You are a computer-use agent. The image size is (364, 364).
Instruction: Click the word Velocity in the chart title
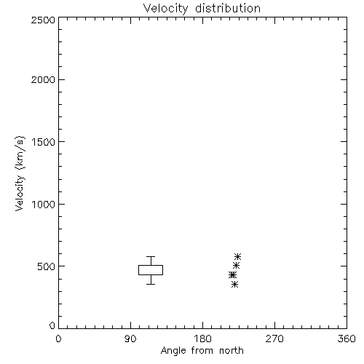(x=166, y=9)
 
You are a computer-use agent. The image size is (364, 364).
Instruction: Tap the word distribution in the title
(x=228, y=8)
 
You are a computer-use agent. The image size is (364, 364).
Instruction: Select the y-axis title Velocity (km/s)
(x=20, y=173)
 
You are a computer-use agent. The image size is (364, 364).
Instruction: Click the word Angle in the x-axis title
(x=173, y=351)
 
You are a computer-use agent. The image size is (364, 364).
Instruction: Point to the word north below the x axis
(x=232, y=350)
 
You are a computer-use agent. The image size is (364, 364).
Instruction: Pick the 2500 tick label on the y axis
(x=43, y=20)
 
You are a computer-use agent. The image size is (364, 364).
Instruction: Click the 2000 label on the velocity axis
(x=43, y=79)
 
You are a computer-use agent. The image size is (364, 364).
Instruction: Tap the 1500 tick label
(x=44, y=142)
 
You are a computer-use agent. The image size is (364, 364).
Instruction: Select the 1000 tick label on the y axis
(x=44, y=204)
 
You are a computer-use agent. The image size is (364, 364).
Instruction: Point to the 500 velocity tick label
(x=47, y=266)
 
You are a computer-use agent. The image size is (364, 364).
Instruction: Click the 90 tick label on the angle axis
(x=130, y=339)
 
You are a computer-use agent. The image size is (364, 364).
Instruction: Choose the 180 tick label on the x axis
(x=202, y=339)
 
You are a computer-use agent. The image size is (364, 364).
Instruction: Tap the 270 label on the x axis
(x=274, y=339)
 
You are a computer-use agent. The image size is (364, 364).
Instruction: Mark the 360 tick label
(x=347, y=339)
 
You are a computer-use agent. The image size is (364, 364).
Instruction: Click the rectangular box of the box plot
(x=151, y=265)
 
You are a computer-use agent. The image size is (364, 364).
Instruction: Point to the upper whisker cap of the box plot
(x=151, y=256)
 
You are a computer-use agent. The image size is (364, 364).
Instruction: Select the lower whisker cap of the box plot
(x=151, y=284)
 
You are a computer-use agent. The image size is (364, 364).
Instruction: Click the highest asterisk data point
(x=237, y=256)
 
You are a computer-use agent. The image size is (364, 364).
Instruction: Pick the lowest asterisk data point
(x=234, y=284)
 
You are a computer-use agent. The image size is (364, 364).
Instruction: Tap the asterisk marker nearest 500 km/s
(x=236, y=266)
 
